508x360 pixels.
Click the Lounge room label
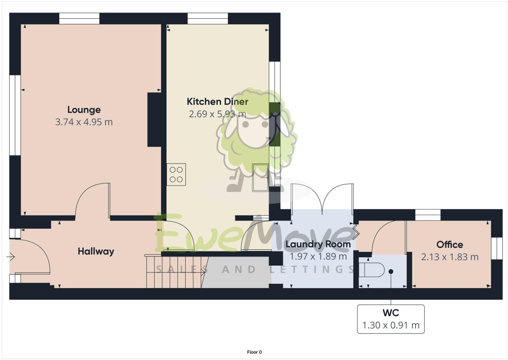click(84, 110)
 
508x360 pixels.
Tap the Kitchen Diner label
click(217, 102)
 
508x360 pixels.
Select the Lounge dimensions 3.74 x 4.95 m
click(84, 122)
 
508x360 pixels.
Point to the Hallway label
click(96, 251)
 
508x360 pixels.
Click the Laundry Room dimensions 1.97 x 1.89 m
click(318, 257)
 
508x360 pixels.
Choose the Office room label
click(450, 245)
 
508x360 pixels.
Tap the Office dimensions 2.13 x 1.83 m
click(450, 257)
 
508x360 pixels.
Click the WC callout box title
click(391, 313)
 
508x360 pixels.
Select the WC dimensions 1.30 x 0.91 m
click(391, 325)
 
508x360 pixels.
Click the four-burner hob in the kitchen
click(176, 175)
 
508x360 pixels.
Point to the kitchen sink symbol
click(260, 177)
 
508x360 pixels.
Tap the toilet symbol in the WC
click(371, 270)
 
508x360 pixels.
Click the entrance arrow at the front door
click(11, 257)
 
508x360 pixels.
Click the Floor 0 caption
click(254, 352)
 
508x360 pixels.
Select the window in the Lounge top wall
click(79, 18)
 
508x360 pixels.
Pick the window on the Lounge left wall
click(15, 115)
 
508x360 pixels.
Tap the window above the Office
click(428, 215)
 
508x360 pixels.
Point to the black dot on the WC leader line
click(391, 271)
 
